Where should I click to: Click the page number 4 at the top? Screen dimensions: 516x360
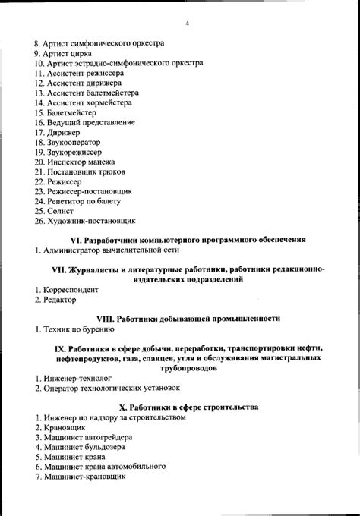(186, 22)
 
